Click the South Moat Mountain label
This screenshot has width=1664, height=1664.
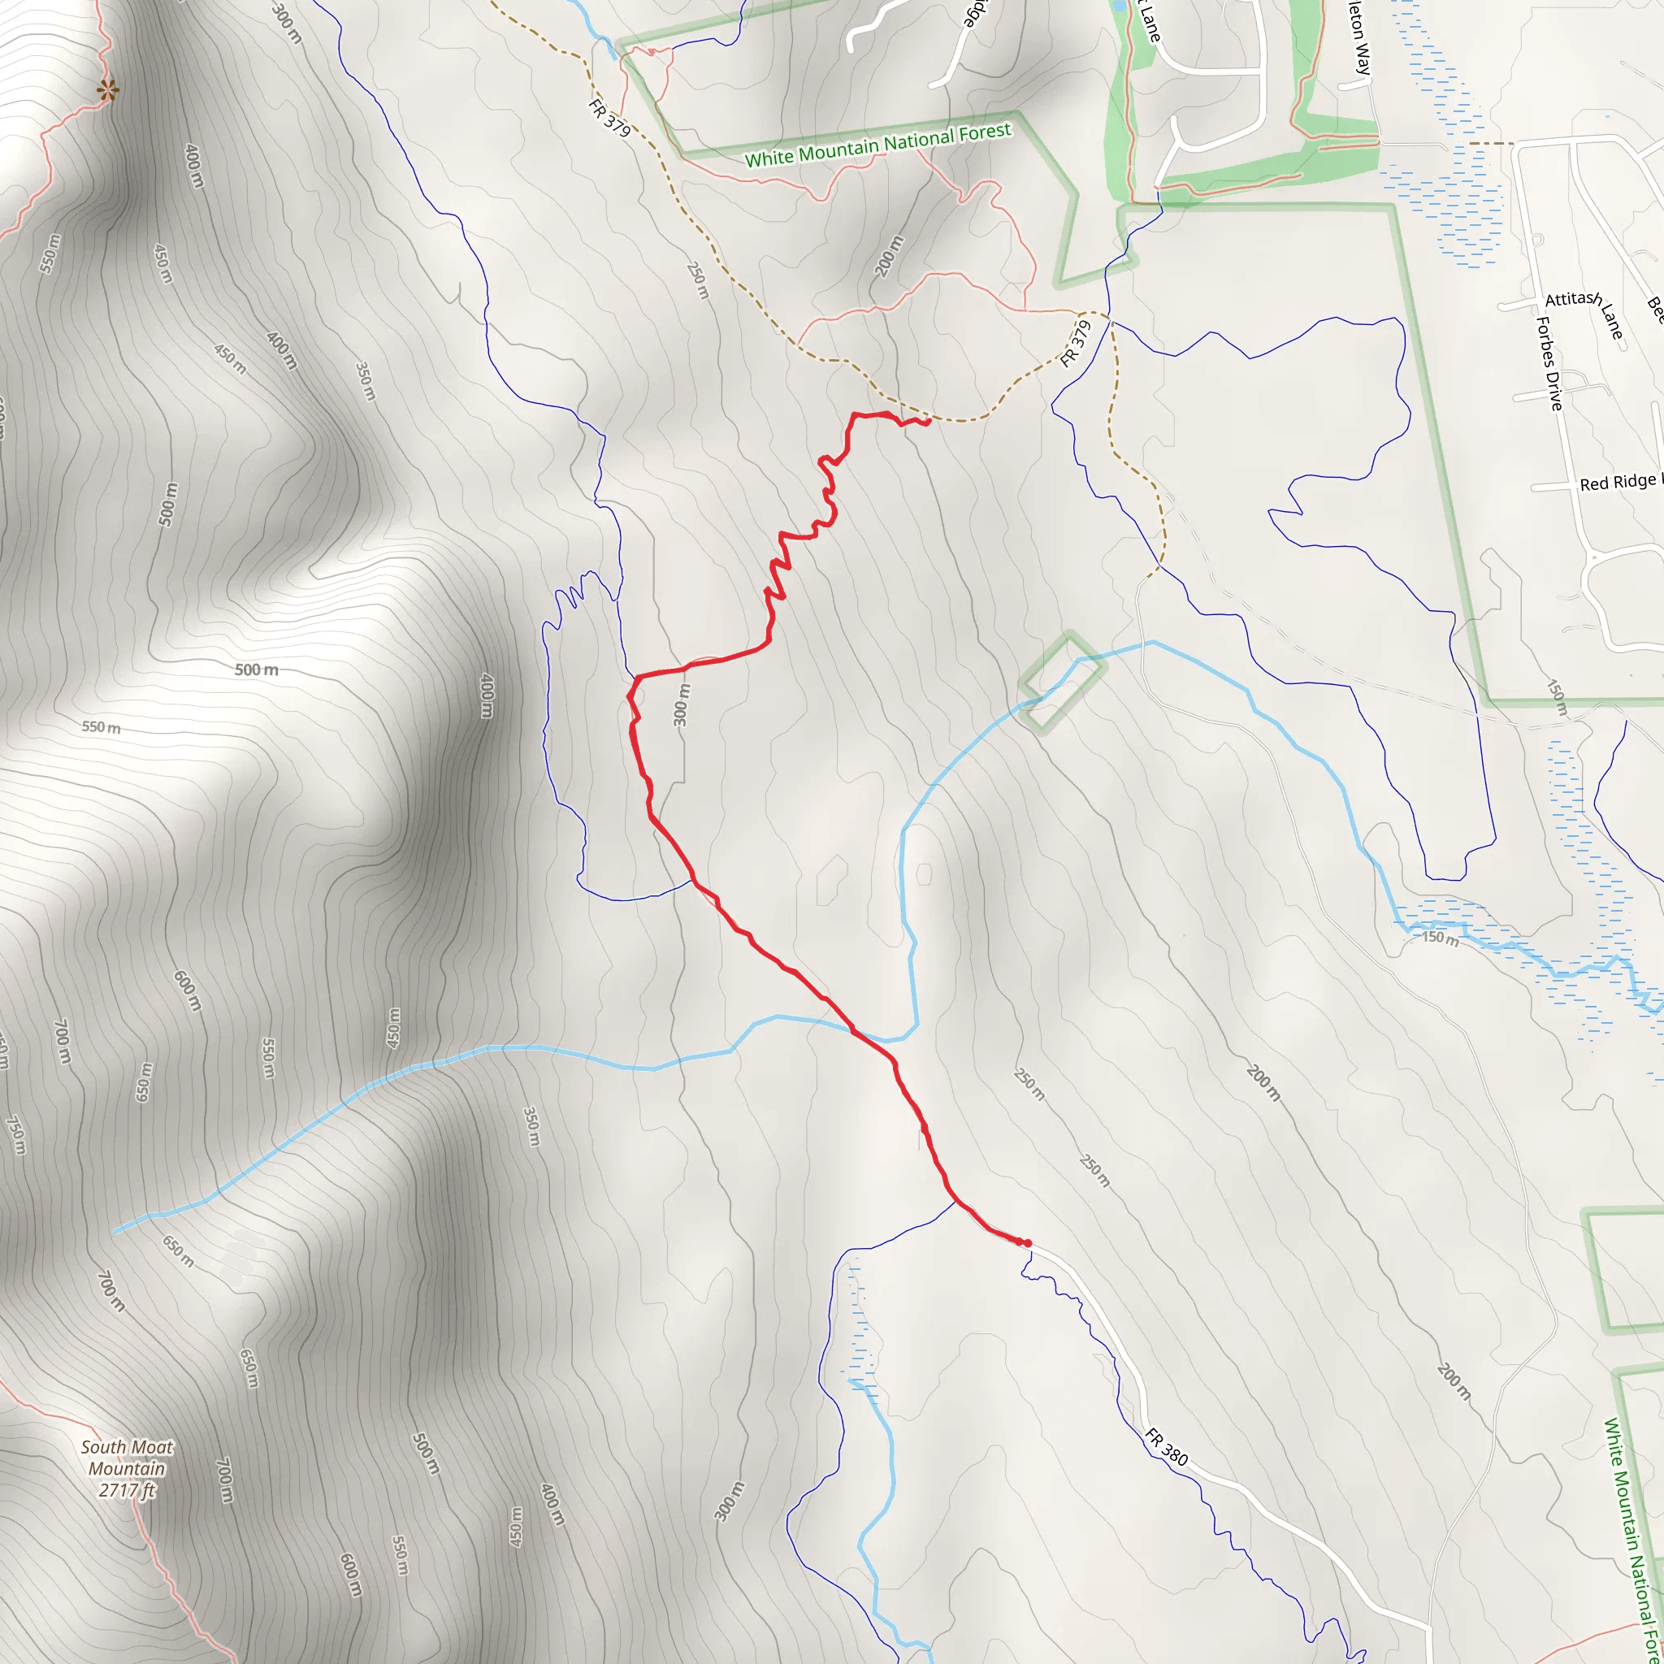(128, 1458)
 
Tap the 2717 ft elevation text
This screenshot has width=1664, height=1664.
(127, 1491)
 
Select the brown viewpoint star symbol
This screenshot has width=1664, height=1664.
(108, 89)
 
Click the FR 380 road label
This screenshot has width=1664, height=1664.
(1167, 1447)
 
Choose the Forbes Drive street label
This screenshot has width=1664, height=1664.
(1549, 362)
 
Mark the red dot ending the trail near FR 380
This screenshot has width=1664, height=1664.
(1028, 1243)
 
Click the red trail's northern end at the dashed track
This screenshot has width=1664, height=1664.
(929, 421)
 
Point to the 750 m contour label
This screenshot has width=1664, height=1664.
(15, 1134)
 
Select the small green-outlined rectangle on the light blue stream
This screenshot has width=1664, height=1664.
(1062, 683)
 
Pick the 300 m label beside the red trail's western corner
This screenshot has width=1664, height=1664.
(681, 704)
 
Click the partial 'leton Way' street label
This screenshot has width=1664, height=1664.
(1359, 39)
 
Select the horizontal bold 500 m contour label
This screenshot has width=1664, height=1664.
(257, 669)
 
